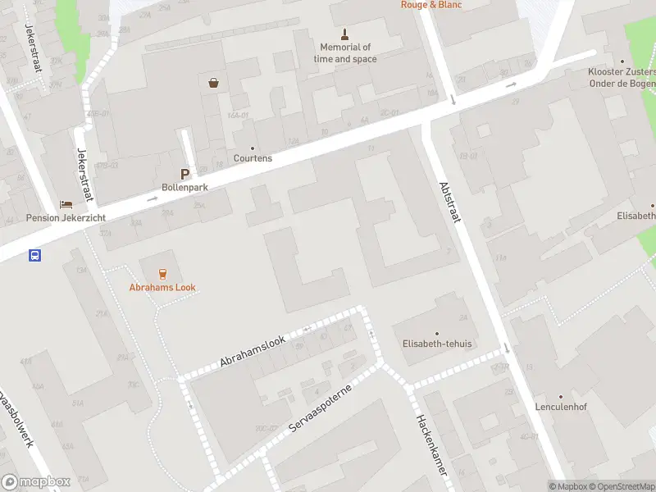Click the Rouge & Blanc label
coord(430,4)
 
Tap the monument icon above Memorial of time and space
coord(345,34)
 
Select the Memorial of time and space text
coord(345,53)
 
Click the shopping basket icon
coord(214,82)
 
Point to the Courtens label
coord(253,158)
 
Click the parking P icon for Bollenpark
coord(185,174)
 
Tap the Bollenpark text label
coord(185,188)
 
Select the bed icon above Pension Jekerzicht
coord(66,204)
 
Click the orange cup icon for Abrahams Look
coord(162,273)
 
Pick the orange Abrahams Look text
coord(162,288)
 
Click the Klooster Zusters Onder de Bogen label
coord(622,77)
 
